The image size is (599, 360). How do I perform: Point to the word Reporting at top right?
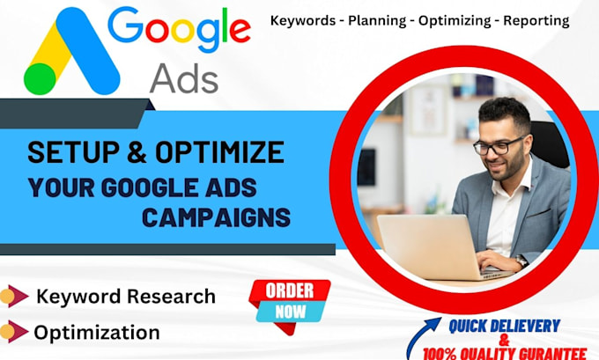coord(537,18)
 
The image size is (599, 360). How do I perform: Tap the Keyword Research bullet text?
coord(125,297)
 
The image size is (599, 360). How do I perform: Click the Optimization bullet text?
coord(97,333)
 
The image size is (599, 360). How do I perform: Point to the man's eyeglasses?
coord(499,143)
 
